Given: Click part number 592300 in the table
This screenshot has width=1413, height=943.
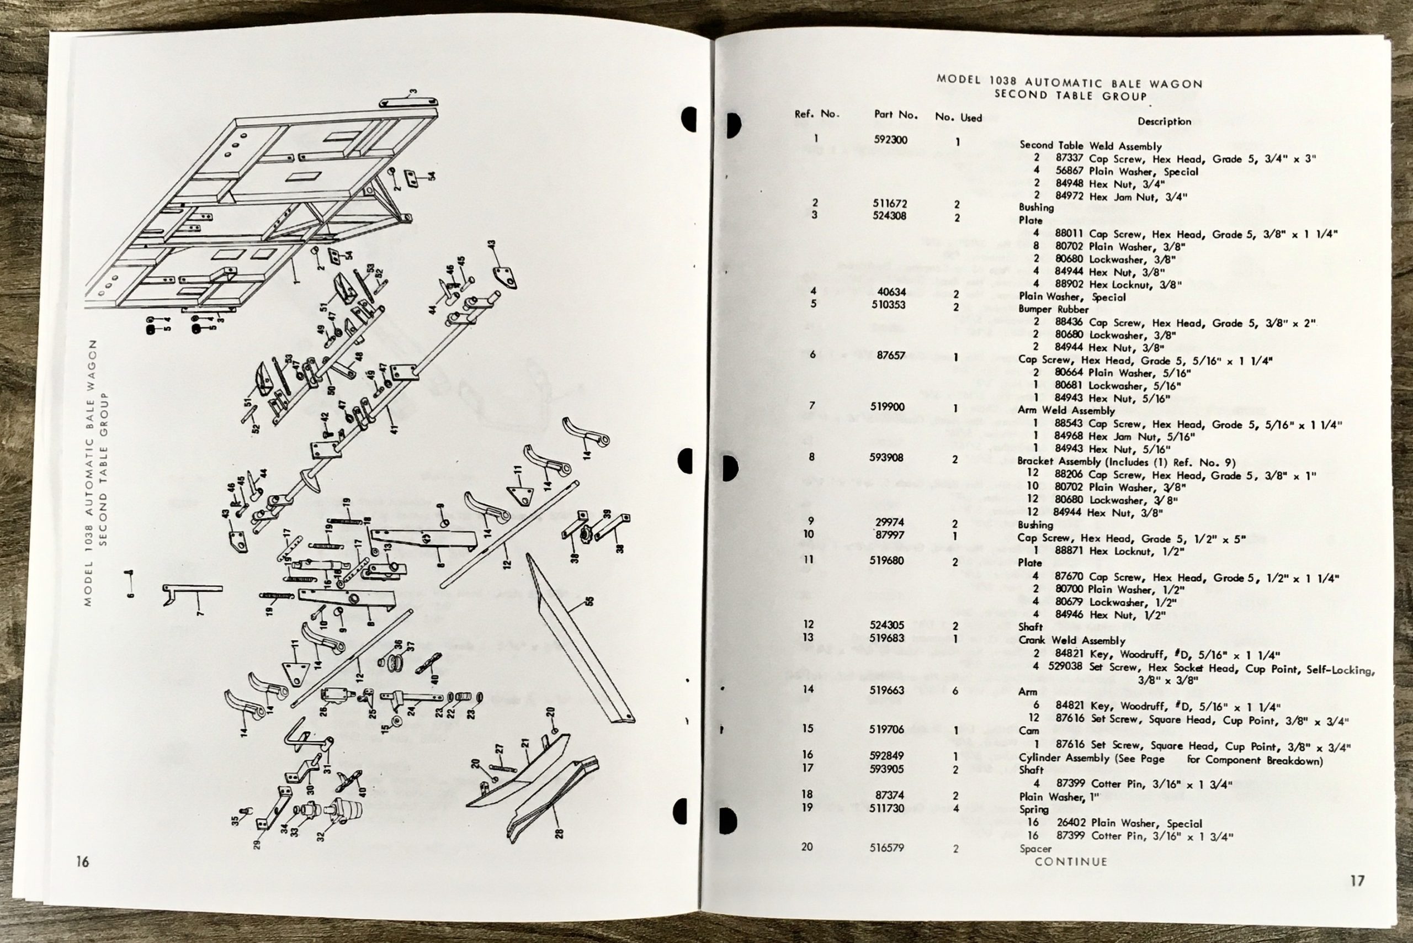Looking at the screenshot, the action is (890, 140).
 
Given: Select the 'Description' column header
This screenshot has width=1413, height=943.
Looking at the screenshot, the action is (1164, 121).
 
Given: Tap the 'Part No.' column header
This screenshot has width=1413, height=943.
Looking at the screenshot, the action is (896, 115).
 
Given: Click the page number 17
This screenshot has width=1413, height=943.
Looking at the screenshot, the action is (1357, 881).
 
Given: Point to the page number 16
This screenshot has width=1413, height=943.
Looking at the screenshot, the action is (82, 862).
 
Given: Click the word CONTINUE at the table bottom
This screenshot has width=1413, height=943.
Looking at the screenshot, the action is (1071, 861).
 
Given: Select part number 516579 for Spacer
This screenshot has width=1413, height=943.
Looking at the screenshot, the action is (886, 847).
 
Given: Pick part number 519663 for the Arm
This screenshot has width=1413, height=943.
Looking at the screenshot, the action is (886, 690).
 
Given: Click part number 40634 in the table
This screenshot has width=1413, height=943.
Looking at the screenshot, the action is (892, 292).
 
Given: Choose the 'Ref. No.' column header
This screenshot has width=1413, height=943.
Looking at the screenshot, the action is (816, 113).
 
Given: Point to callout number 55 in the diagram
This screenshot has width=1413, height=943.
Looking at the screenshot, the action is (588, 601).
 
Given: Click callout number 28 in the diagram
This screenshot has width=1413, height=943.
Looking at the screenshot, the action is (559, 834).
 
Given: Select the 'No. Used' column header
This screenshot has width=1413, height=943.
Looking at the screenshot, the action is (958, 117).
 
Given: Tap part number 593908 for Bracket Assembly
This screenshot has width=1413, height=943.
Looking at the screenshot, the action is (887, 458).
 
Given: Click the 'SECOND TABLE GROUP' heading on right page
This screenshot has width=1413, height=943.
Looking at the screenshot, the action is (1070, 95).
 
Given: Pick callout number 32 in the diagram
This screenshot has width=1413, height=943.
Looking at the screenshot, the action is (321, 836).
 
